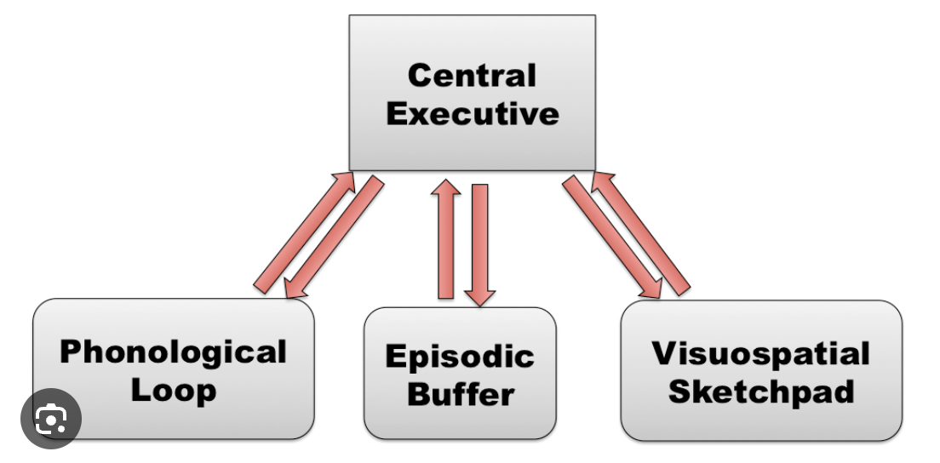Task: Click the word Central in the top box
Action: [472, 75]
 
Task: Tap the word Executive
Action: [473, 113]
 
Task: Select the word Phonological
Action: [173, 352]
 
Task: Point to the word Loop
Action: [173, 391]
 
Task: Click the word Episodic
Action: [460, 355]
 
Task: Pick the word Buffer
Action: [460, 394]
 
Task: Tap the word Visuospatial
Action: [761, 352]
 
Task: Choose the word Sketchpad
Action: [761, 392]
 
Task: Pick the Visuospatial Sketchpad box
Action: [761, 421]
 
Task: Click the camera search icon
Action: [51, 418]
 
